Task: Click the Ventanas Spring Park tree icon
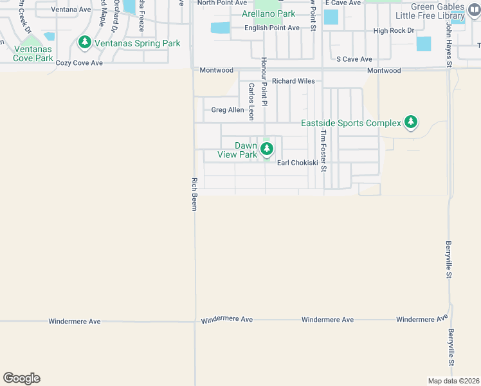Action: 84,43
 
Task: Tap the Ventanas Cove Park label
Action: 33,53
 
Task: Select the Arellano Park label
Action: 268,14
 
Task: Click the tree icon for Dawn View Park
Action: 266,150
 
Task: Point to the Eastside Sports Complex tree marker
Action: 411,122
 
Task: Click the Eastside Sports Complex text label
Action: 350,123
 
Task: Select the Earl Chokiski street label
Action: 297,163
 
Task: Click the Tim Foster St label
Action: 324,151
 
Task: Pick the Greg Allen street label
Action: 228,110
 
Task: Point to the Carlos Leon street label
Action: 251,102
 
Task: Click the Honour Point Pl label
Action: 264,81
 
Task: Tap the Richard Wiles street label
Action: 293,81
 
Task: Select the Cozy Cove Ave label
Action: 79,63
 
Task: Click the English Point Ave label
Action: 271,28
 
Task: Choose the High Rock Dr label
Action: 390,31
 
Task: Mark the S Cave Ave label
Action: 355,59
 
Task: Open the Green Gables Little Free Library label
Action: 438,11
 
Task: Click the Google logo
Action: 21,378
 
